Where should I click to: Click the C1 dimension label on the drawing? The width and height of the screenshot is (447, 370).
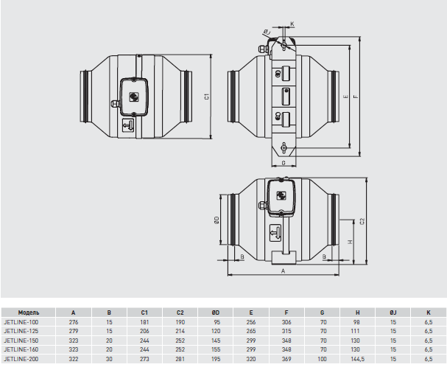point(207,97)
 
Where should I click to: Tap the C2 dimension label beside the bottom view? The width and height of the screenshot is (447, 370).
point(362,221)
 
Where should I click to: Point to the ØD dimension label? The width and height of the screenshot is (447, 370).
point(217,220)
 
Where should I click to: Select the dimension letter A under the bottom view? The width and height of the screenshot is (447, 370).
point(283,271)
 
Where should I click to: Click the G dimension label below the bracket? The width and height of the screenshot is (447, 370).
point(284,163)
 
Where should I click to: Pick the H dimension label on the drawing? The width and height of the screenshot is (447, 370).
point(351,242)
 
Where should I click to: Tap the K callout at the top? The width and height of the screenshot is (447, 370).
point(292,24)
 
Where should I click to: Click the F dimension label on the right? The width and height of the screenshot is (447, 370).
point(356,97)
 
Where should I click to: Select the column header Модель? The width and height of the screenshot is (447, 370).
point(29,313)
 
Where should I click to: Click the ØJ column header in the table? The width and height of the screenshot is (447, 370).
point(393,313)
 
